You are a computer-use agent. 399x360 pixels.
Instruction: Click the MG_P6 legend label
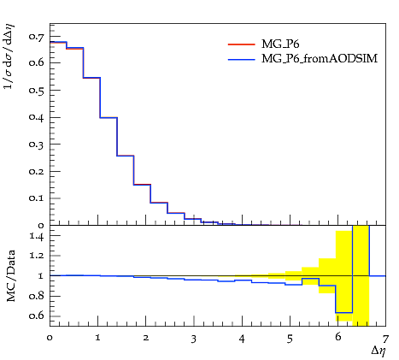[x=280, y=44]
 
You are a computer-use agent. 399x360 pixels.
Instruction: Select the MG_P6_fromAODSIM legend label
[x=320, y=59]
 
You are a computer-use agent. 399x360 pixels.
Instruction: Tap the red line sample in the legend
[x=242, y=44]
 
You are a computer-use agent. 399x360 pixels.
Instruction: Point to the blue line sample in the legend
[x=242, y=59]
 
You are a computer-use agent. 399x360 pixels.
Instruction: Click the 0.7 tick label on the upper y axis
[x=37, y=36]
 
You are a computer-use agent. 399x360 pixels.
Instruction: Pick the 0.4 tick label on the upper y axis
[x=37, y=117]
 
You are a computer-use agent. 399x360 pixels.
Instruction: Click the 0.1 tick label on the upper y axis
[x=37, y=198]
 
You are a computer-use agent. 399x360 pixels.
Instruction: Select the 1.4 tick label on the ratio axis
[x=37, y=236]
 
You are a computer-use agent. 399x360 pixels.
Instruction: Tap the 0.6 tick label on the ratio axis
[x=37, y=316]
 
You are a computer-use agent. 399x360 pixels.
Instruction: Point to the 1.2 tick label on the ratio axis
[x=37, y=256]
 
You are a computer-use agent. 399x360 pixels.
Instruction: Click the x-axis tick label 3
[x=194, y=339]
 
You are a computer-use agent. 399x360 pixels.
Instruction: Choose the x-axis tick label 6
[x=337, y=337]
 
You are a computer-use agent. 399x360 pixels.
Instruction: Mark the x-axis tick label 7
[x=385, y=339]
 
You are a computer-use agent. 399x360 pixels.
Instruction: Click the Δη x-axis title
[x=378, y=351]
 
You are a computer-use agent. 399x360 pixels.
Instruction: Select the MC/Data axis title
[x=11, y=275]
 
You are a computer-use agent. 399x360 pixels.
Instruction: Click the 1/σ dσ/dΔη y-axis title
[x=9, y=56]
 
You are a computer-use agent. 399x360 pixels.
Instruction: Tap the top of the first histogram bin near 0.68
[x=58, y=42]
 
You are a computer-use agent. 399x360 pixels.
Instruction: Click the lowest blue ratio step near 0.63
[x=344, y=313]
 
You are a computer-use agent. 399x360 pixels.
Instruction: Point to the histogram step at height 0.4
[x=109, y=117]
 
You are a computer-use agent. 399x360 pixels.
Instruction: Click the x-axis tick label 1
[x=98, y=338]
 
